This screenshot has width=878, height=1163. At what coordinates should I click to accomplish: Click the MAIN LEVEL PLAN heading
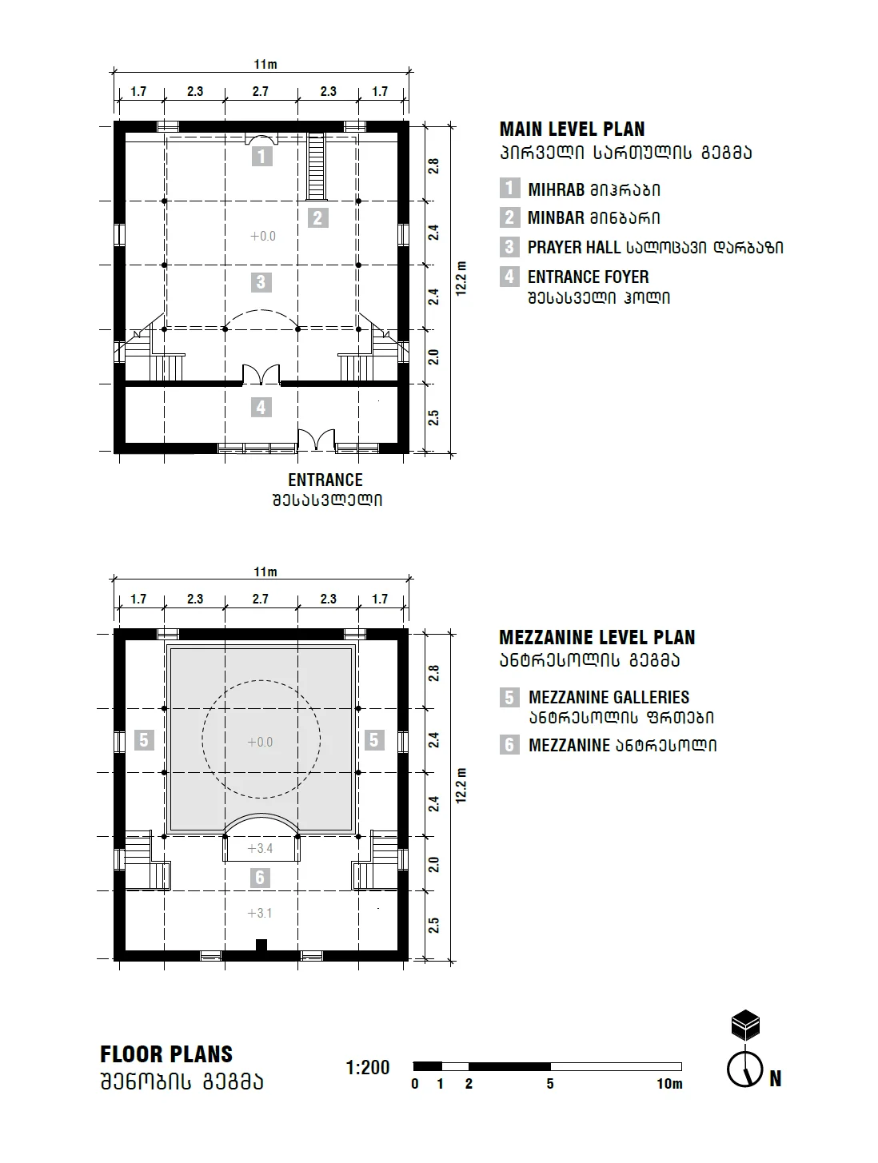tap(572, 129)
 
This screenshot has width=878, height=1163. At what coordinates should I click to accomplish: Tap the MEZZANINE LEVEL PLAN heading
tap(597, 638)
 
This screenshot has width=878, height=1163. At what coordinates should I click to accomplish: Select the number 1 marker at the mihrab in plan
tap(261, 155)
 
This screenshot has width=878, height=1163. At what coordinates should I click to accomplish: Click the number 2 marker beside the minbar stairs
tap(317, 217)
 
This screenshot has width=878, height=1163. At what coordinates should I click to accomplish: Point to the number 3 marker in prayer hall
tap(261, 282)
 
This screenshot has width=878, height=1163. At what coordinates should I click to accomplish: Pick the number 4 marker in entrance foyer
tap(261, 408)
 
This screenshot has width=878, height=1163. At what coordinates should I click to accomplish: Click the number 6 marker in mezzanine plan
tap(260, 878)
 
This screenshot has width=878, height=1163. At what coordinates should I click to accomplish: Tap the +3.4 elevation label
tap(260, 848)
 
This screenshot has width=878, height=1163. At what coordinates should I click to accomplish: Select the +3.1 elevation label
tap(260, 913)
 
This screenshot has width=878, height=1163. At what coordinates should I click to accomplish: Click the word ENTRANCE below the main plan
tap(325, 480)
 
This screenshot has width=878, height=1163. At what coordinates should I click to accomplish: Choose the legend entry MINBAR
tap(556, 218)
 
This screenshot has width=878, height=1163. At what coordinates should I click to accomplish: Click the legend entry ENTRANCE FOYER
tap(588, 277)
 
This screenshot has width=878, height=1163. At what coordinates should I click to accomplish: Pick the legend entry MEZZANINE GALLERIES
tap(609, 698)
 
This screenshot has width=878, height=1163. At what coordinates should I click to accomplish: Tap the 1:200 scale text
tap(368, 1068)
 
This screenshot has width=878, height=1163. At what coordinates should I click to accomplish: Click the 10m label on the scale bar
tap(669, 1085)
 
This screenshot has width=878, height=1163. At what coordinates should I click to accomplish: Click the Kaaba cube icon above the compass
tap(745, 1025)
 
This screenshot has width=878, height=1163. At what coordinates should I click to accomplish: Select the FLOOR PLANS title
tap(166, 1054)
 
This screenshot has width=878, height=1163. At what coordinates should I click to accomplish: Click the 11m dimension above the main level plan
tap(265, 65)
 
